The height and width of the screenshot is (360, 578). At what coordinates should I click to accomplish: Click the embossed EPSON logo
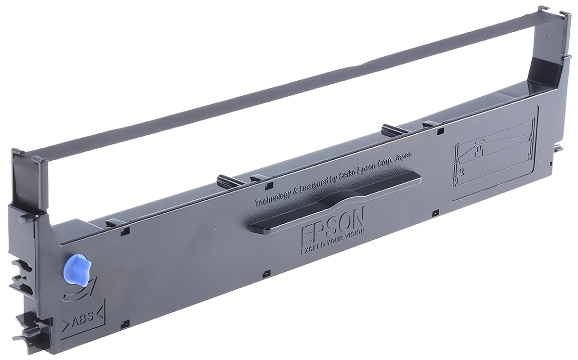tap(332, 224)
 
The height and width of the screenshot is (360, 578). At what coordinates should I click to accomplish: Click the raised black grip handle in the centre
tap(332, 202)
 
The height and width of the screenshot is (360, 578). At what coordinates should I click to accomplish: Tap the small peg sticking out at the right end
tap(558, 147)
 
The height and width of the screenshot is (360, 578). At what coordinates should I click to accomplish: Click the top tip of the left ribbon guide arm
tap(18, 153)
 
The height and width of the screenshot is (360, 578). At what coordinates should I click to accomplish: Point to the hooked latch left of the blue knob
tap(22, 274)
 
